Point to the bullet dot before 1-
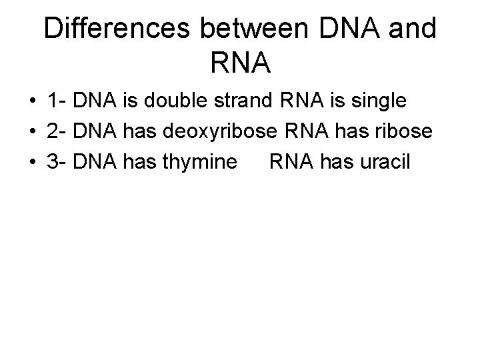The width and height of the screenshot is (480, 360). pyautogui.click(x=32, y=102)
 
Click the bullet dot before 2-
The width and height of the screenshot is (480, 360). pyautogui.click(x=32, y=133)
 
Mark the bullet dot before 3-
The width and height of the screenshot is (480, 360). pyautogui.click(x=32, y=163)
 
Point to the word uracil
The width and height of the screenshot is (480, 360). pyautogui.click(x=385, y=162)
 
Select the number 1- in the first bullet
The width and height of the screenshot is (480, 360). pyautogui.click(x=55, y=101)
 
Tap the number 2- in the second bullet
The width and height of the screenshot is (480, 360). pyautogui.click(x=55, y=132)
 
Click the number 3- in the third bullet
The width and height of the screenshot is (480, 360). pyautogui.click(x=55, y=162)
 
